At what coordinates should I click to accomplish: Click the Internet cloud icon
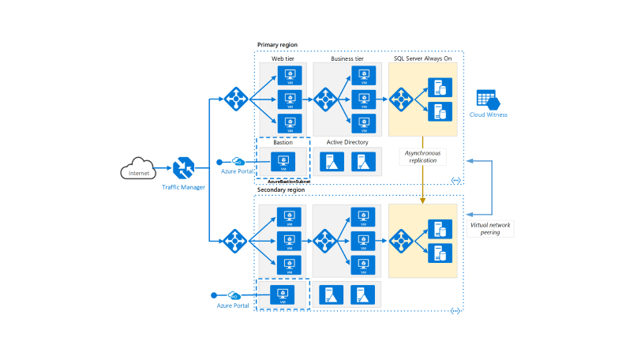[x=139, y=171]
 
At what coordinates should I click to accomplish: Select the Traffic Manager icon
[x=184, y=168]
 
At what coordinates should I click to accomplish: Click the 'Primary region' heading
[x=277, y=45]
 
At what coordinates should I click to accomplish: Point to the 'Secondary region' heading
[x=281, y=189]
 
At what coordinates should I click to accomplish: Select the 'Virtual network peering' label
[x=490, y=228]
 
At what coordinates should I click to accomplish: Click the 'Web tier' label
[x=283, y=58]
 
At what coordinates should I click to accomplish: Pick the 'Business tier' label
[x=347, y=58]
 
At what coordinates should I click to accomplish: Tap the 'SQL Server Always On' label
[x=422, y=58]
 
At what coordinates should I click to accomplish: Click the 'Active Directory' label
[x=347, y=142]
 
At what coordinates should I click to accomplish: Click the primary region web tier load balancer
[x=235, y=99]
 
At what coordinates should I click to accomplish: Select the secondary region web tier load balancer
[x=235, y=239]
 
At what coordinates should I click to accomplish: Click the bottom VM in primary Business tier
[x=363, y=122]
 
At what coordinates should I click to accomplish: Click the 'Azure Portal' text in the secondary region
[x=233, y=305]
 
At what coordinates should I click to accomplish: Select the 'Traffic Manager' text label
[x=184, y=187]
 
